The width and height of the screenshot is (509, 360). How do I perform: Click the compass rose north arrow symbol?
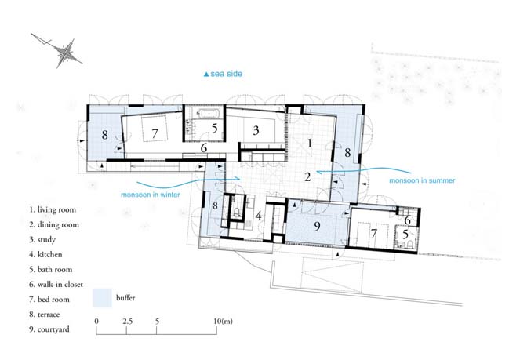[67, 53]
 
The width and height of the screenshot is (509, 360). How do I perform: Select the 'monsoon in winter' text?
[151, 195]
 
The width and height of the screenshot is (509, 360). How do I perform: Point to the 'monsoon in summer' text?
[422, 180]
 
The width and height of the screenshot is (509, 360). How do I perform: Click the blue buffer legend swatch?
[102, 298]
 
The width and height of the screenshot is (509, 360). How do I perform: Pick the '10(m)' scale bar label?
[223, 321]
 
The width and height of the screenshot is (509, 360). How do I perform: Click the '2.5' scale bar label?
[128, 321]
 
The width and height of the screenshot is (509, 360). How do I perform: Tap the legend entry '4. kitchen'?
[45, 254]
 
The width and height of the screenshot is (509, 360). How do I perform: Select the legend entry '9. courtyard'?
[49, 329]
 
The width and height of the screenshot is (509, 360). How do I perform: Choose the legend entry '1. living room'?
[53, 209]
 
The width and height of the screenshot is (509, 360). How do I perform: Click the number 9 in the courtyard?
[317, 226]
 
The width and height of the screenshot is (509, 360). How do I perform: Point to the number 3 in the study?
[256, 130]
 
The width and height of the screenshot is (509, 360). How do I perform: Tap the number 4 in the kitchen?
[258, 216]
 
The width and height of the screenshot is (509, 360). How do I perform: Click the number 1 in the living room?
[310, 143]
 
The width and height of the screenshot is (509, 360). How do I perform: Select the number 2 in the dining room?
[307, 176]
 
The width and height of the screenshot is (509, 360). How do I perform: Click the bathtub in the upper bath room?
[209, 113]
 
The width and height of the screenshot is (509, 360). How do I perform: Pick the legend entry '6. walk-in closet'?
[56, 285]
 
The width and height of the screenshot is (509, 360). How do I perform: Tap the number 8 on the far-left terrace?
[104, 134]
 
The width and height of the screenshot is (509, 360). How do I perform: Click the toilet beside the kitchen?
[236, 212]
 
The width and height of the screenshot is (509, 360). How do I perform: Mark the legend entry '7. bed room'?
[49, 299]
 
